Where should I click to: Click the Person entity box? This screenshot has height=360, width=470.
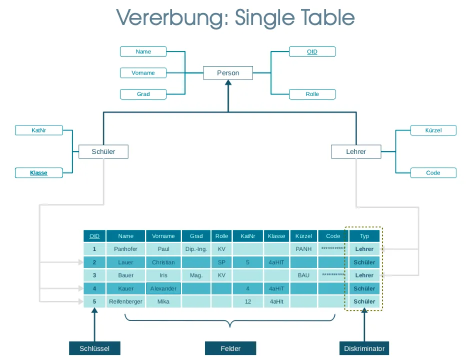pos(228,73)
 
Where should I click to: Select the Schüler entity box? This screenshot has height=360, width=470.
pos(103,151)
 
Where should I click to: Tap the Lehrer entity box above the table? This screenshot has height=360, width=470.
pos(356,151)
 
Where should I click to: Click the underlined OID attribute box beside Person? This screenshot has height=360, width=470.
pos(312,51)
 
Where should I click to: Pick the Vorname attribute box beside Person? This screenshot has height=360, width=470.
pos(143,73)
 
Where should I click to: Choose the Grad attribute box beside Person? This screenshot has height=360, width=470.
pos(143,94)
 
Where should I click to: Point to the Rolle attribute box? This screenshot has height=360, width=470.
pos(312,94)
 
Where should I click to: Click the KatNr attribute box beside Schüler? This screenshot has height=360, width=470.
pos(38,130)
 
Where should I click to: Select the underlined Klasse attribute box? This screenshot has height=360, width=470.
pos(38,173)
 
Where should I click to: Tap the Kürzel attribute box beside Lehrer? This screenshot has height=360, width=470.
pos(433,130)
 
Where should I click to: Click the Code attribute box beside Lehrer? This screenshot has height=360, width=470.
pos(433,173)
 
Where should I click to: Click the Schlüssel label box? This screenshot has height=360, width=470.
pos(94,348)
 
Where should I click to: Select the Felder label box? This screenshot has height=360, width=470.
pos(230,348)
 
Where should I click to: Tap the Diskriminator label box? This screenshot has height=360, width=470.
pos(364,348)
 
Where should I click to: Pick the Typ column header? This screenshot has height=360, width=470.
pos(364,236)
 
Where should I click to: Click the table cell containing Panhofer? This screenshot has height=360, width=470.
pos(125,249)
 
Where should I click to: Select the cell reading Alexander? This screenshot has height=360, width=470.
pos(163,288)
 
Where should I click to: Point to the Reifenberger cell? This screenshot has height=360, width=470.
pos(125,301)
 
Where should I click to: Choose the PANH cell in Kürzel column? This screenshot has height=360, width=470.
pos(303,249)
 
